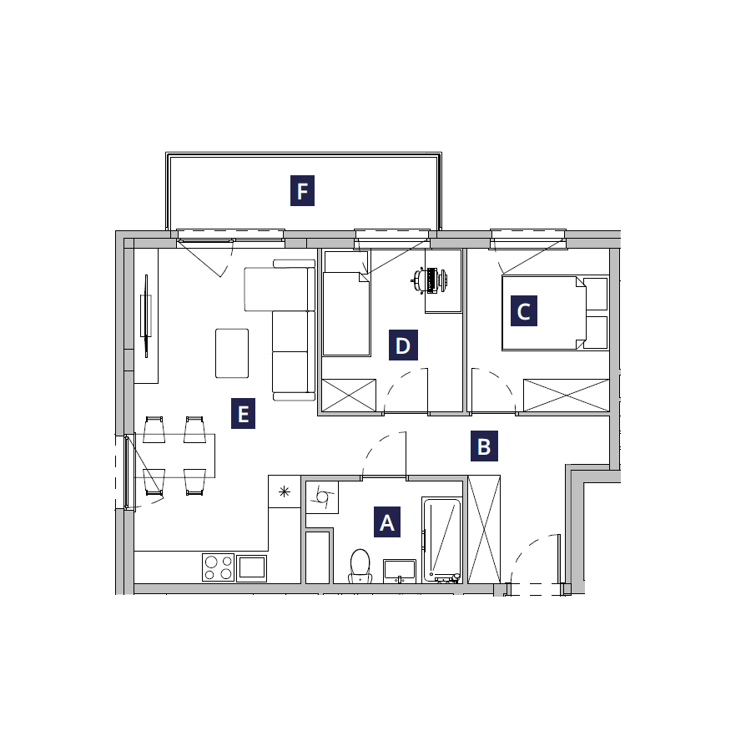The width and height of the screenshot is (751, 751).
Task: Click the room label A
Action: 387,522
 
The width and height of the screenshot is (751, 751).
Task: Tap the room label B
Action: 484,446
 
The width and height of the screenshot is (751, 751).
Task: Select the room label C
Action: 524,311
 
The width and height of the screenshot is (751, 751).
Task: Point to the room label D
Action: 403,345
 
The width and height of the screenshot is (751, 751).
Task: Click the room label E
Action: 244,413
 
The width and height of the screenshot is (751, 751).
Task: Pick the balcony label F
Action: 302,190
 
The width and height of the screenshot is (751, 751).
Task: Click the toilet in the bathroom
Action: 360,566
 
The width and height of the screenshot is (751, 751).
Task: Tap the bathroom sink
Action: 400,571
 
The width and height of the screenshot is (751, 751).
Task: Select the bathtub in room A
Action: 441,540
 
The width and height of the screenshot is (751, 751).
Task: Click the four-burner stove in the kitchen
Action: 218,567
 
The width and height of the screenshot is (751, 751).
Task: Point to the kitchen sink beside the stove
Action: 252,568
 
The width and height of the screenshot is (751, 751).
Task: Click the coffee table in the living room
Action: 232,353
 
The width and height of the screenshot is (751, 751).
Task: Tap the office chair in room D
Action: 429,280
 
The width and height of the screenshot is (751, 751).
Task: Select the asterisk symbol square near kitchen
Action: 285,491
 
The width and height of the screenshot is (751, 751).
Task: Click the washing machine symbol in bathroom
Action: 322,497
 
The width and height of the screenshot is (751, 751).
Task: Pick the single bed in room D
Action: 346,314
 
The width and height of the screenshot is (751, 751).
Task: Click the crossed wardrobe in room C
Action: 566,396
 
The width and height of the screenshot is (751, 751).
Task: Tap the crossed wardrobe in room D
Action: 349,396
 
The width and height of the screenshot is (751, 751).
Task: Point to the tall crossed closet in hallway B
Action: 484,529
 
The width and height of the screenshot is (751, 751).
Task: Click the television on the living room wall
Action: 146,315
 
